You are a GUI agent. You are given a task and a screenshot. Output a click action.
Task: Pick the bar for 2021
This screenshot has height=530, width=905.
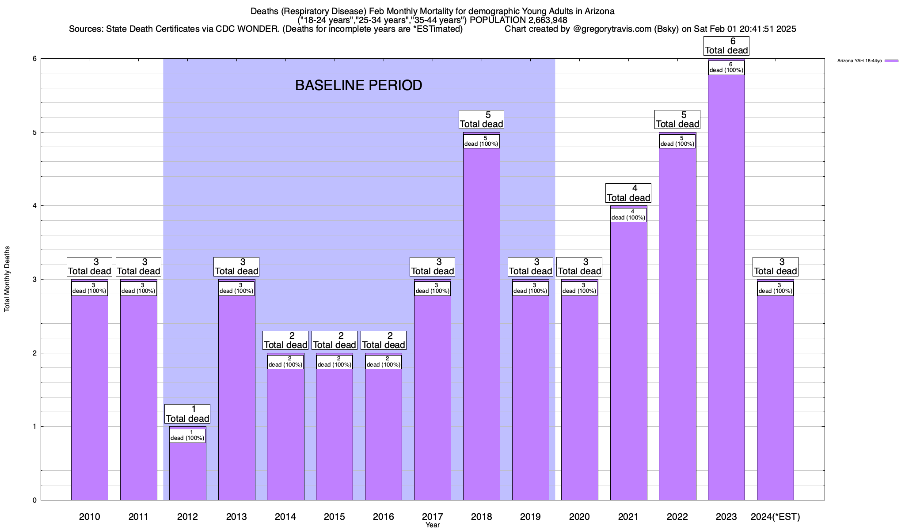628,353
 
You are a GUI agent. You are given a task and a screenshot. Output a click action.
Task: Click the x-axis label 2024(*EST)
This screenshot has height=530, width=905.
775,516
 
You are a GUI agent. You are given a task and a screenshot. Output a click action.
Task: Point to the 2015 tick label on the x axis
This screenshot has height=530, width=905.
334,516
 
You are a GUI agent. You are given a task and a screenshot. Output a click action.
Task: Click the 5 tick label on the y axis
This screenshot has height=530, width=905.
34,132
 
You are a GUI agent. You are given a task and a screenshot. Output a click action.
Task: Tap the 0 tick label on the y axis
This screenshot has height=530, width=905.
34,500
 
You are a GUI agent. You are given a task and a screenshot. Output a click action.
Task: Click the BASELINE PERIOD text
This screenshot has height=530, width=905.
358,85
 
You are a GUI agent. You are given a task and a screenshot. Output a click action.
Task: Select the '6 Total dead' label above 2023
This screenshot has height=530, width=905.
726,46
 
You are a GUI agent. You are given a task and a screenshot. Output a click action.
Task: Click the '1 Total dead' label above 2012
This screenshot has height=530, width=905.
187,414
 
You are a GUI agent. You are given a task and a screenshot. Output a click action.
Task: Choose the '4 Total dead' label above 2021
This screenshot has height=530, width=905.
628,193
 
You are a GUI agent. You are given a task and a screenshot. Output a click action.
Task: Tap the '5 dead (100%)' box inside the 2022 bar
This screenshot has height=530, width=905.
677,141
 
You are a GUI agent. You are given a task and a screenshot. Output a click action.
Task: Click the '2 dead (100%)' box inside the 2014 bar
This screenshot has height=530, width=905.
285,362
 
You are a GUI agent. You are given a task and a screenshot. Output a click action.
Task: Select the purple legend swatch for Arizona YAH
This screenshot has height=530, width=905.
891,61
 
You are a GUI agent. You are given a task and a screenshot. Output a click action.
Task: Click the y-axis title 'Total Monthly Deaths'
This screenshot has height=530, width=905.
7,279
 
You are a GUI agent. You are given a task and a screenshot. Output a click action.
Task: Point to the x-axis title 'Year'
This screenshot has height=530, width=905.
433,525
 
